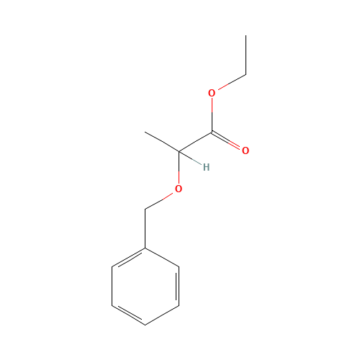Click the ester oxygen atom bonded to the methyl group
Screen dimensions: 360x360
pos(212,93)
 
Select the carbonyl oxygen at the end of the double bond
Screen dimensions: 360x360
pos(245,150)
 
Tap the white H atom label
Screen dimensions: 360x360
pos(206,168)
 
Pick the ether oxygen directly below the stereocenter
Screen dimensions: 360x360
pos(179,189)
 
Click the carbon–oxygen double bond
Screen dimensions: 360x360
pos(228,141)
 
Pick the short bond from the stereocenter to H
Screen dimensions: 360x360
pos(190,158)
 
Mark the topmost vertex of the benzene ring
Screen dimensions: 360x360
pos(145,248)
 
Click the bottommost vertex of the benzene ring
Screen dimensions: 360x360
pos(145,325)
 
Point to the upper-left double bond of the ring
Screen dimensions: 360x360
pos(129,258)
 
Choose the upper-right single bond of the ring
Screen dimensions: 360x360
pos(162,258)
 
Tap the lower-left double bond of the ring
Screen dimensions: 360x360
pos(129,315)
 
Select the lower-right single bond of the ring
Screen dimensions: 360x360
pos(162,315)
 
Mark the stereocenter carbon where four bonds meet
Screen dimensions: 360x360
pos(179,151)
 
